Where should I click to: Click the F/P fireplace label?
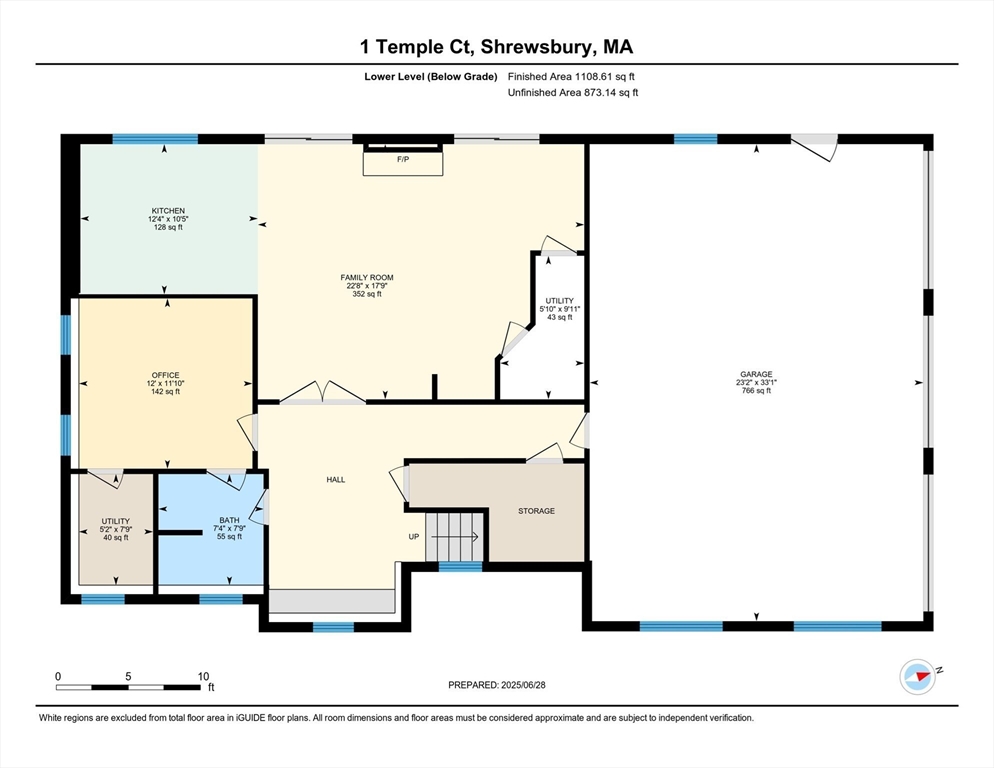(403, 159)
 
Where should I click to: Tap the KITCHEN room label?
(168, 211)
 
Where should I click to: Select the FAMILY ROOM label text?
(367, 277)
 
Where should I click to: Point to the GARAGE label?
(756, 374)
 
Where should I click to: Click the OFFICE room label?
(165, 375)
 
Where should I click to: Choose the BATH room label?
(229, 520)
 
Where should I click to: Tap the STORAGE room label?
(536, 511)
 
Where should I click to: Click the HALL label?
(336, 479)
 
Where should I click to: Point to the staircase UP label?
(414, 537)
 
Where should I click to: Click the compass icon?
(917, 677)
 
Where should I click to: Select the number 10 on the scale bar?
(203, 676)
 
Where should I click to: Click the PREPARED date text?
(497, 685)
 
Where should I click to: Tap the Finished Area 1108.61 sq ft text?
(571, 77)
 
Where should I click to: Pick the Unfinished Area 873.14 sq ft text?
(573, 93)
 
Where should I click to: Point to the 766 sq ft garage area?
(756, 391)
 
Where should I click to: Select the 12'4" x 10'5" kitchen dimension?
(168, 219)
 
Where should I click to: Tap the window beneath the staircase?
(461, 566)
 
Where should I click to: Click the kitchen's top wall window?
(155, 139)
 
